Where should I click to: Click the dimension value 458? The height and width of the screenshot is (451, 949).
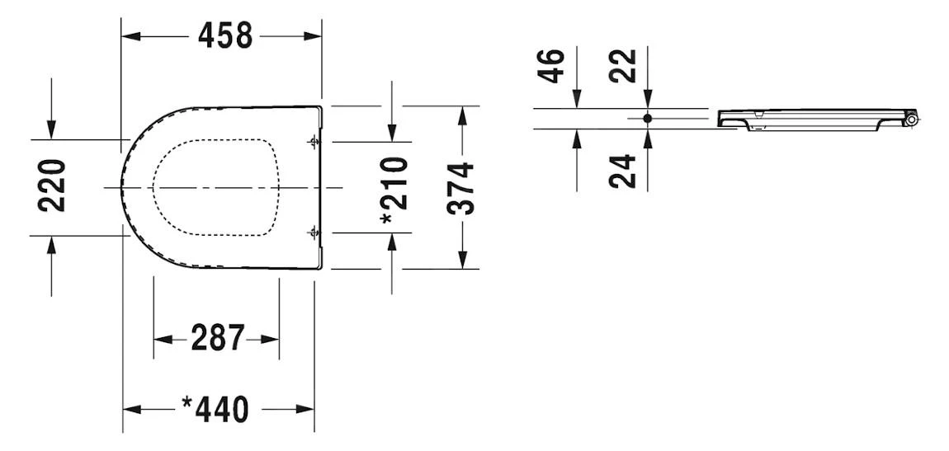224,35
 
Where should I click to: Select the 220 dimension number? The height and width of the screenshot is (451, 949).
54,186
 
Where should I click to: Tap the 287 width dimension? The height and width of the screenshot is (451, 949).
217,338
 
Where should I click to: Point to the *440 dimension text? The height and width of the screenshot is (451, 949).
215,409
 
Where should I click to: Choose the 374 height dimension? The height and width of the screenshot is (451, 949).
463,188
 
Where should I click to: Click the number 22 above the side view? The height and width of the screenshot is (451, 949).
626,65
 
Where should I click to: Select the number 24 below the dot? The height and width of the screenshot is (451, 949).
626,171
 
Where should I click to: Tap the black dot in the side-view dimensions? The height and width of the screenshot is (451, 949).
648,119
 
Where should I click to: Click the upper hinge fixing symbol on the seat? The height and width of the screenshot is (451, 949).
314,143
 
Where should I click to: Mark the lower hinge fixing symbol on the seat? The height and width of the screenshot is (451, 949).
314,233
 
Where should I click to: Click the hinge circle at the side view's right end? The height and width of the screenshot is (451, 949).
913,120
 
